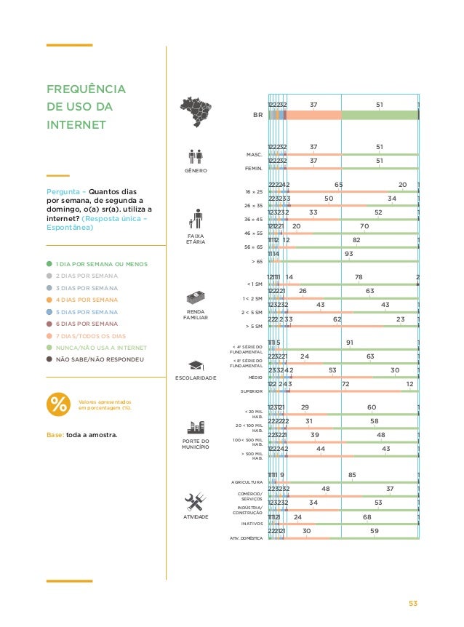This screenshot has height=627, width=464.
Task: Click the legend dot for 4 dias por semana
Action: click(49, 299)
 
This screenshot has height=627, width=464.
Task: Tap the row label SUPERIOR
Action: click(252, 391)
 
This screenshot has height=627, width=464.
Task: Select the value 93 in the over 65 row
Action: click(349, 254)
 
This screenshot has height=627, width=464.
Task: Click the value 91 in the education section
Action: click(350, 343)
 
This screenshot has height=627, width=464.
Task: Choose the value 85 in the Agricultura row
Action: click(352, 476)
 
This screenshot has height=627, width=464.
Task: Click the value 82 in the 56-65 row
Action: click(356, 240)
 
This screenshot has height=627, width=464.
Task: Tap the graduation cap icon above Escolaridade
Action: click(196, 364)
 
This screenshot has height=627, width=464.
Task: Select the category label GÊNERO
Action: click(196, 170)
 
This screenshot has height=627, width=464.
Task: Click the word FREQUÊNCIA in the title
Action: click(86, 90)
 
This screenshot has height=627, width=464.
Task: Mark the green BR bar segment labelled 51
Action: click(380, 115)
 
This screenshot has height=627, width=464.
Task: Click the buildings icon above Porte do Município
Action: click(196, 428)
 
